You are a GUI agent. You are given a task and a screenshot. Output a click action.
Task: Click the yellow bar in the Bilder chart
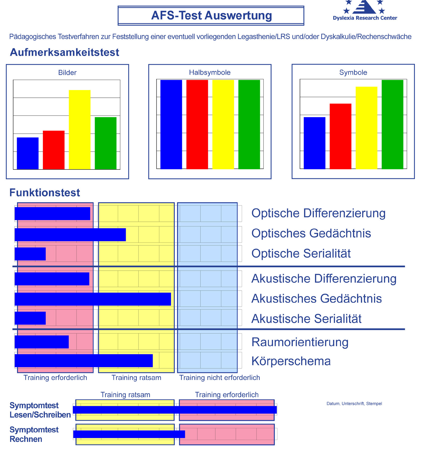pyautogui.click(x=80, y=130)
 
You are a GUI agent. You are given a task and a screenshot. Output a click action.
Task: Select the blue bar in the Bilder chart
pyautogui.click(x=28, y=153)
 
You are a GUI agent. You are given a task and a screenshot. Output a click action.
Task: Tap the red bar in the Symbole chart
pyautogui.click(x=340, y=136)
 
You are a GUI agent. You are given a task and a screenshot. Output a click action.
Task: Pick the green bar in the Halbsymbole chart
pyautogui.click(x=249, y=124)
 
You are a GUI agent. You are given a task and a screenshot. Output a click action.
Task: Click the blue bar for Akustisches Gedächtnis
pyautogui.click(x=93, y=299)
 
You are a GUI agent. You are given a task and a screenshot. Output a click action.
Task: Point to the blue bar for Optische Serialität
pyautogui.click(x=30, y=254)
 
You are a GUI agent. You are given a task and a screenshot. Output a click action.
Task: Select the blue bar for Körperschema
pyautogui.click(x=84, y=361)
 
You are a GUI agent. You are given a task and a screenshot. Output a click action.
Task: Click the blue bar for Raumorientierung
pyautogui.click(x=42, y=342)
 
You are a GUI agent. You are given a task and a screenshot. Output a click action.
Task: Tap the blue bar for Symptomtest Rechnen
pyautogui.click(x=129, y=434)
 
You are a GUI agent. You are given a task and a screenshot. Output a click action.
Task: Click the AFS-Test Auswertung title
pyautogui.click(x=211, y=15)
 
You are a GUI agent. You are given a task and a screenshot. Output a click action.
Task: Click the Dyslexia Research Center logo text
pyautogui.click(x=365, y=18)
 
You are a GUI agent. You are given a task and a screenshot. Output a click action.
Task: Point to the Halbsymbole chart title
pyautogui.click(x=210, y=73)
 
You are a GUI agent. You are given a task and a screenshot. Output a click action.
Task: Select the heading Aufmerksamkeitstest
pyautogui.click(x=65, y=52)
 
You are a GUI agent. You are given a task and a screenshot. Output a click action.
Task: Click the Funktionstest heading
pyautogui.click(x=45, y=193)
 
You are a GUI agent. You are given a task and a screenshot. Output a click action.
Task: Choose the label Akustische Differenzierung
pyautogui.click(x=324, y=279)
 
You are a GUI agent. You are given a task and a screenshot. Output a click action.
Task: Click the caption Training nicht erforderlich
pyautogui.click(x=220, y=378)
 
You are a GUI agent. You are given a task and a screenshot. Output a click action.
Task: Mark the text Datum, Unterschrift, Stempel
pyautogui.click(x=354, y=404)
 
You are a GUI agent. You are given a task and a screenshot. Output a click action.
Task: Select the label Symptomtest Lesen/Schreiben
pyautogui.click(x=40, y=410)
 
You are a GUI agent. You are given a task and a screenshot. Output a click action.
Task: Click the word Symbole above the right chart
pyautogui.click(x=353, y=73)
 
